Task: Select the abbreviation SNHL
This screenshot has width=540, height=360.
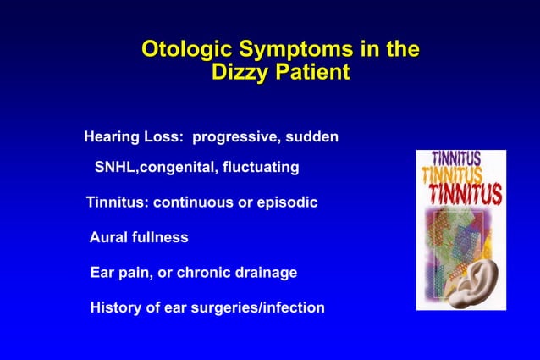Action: (x=115, y=167)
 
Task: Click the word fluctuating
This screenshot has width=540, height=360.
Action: (x=259, y=167)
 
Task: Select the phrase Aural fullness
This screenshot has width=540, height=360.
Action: (x=139, y=238)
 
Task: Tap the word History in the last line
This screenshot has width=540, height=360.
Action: (x=115, y=307)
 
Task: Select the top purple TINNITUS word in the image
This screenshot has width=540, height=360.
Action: (x=457, y=158)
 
